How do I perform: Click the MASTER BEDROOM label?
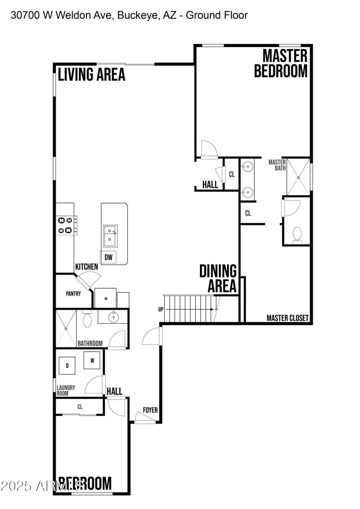[281, 63]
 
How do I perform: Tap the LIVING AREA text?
[91, 74]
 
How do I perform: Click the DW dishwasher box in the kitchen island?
[108, 257]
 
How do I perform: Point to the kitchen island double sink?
[110, 235]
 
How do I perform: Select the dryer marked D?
[67, 365]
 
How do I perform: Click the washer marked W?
[92, 360]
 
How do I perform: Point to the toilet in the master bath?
[297, 234]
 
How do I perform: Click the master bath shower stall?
[298, 176]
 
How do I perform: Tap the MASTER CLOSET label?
[288, 318]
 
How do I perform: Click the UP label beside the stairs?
[161, 310]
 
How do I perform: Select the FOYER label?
[150, 410]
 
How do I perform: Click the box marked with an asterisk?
[105, 298]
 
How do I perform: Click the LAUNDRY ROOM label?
[66, 390]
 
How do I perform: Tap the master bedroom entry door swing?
[208, 149]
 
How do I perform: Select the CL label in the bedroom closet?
[80, 407]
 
